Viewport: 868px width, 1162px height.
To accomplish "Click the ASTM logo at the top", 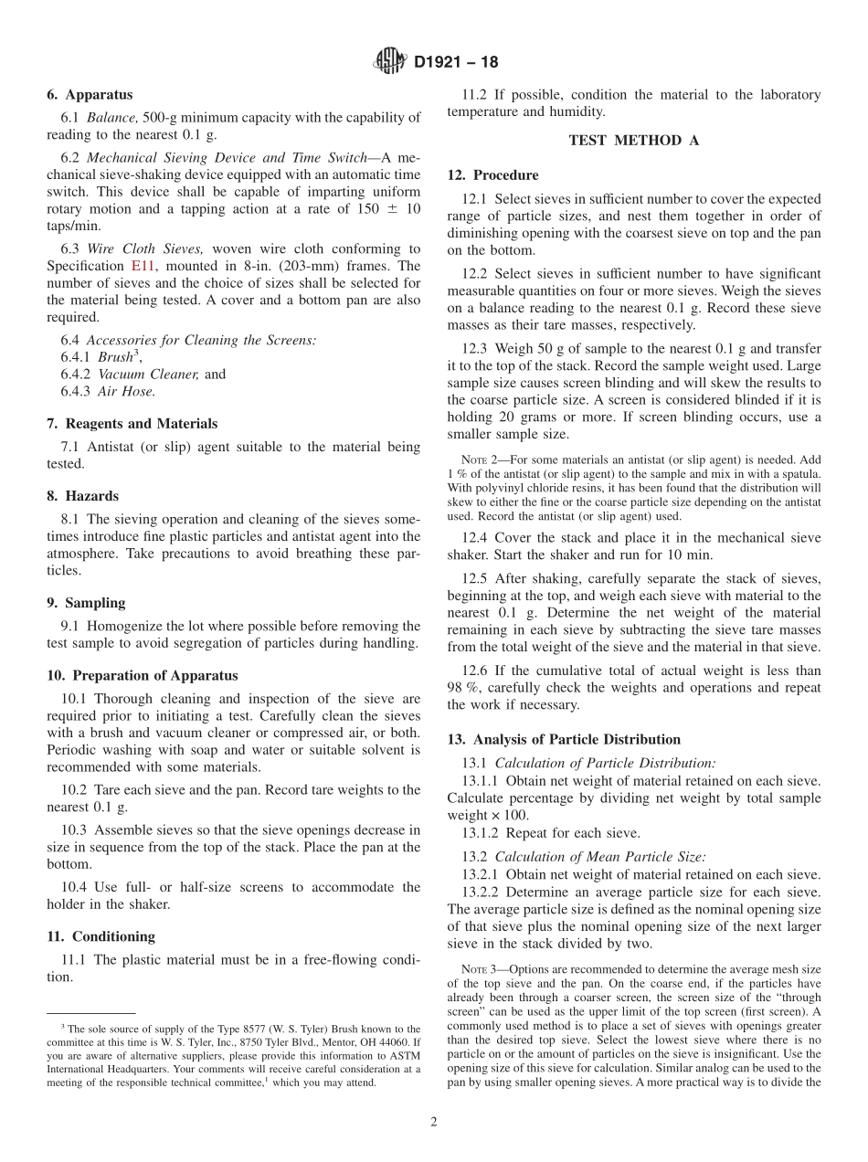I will click(390, 62).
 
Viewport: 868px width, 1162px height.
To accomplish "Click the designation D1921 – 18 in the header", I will click(456, 63).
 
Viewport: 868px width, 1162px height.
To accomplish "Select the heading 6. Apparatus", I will click(90, 95).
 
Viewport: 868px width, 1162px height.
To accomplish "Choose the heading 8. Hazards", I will click(82, 497).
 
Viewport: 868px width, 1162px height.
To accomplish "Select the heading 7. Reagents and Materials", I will click(132, 424).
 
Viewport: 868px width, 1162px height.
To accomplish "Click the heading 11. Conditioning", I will click(101, 936).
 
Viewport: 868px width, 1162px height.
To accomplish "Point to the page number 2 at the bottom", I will click(434, 1123).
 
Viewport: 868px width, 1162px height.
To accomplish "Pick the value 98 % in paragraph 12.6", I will click(463, 688).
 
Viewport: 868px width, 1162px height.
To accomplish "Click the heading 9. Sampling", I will click(86, 603).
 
